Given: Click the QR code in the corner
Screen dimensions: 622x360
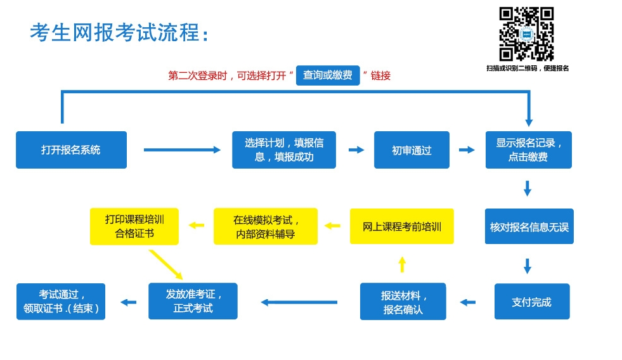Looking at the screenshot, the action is [x=526, y=34].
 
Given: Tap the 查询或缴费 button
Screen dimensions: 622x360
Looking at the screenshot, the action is [x=328, y=75].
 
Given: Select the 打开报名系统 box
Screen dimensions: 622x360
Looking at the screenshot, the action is [x=72, y=150].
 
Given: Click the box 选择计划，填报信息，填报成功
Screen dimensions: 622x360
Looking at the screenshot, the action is [x=284, y=150].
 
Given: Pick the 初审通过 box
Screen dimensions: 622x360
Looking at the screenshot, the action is [x=411, y=150].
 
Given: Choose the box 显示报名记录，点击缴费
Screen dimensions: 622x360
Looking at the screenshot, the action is [x=529, y=150].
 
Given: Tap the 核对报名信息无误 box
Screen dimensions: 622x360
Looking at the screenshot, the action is [x=529, y=226].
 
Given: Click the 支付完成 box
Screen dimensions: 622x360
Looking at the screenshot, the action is [x=532, y=301].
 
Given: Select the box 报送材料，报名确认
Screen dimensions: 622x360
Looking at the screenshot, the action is [x=403, y=301].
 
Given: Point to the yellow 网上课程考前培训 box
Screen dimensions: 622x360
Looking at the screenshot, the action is [x=402, y=226].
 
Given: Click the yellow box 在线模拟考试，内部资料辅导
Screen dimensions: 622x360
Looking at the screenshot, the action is [x=266, y=226].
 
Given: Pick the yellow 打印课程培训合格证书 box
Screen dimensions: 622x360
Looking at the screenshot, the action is [x=134, y=226].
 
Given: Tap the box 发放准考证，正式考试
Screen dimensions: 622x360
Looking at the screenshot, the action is [x=193, y=301].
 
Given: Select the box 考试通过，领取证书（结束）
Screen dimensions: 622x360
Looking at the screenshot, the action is [x=61, y=301].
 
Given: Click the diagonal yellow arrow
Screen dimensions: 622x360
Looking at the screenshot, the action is [x=166, y=265].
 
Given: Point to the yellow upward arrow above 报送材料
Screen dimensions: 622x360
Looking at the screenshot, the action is [x=402, y=264].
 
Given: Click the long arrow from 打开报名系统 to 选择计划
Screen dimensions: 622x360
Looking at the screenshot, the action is [x=182, y=150].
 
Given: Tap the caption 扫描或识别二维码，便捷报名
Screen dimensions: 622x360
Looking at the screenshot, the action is [x=528, y=68].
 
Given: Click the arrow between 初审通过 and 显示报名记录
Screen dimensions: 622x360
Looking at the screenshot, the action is [x=467, y=150].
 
